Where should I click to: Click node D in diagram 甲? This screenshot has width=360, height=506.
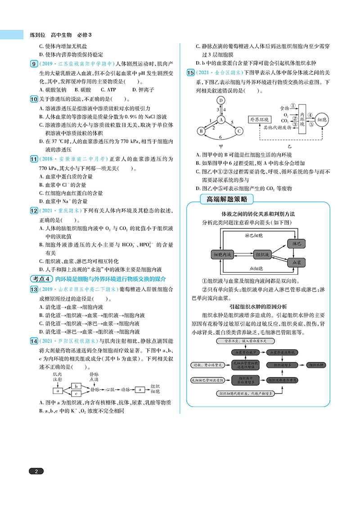point(221,100)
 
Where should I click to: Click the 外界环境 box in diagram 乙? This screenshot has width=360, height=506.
point(259,120)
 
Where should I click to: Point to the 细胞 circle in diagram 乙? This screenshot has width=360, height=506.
point(323,120)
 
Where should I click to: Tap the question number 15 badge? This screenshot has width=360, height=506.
point(190,72)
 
